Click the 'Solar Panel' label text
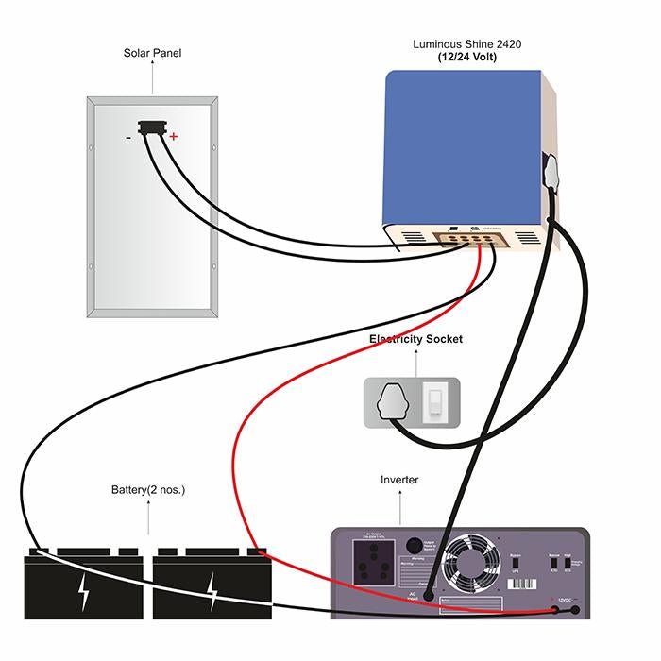click(152, 53)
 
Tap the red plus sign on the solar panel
click(174, 137)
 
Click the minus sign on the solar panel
click(128, 137)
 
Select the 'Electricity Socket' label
click(415, 339)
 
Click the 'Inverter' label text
click(399, 481)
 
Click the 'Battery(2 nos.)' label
click(148, 490)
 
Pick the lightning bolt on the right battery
click(212, 590)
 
